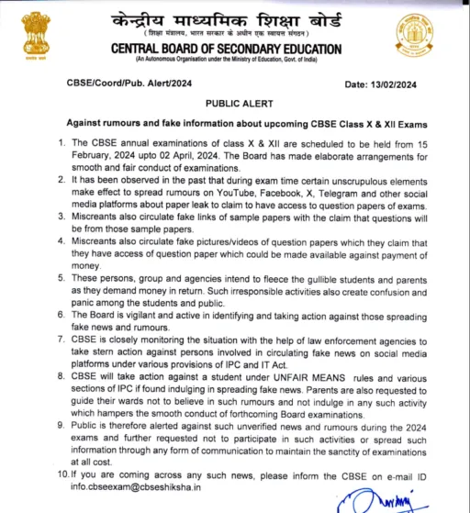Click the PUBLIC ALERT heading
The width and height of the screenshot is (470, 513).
[235, 105]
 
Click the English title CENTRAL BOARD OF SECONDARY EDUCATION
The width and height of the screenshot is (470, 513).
[237, 48]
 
